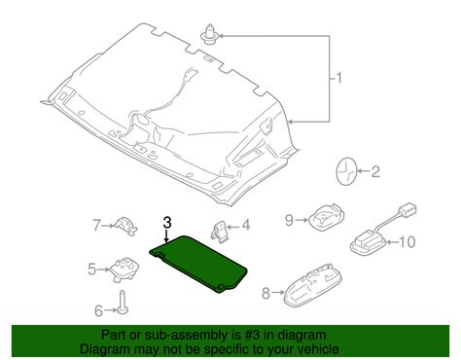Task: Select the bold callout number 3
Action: pyautogui.click(x=167, y=224)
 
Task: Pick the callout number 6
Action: pyautogui.click(x=97, y=310)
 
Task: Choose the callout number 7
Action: pyautogui.click(x=96, y=226)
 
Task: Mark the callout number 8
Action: pyautogui.click(x=266, y=291)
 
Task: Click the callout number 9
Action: pyautogui.click(x=288, y=221)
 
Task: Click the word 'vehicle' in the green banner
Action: pyautogui.click(x=309, y=349)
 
